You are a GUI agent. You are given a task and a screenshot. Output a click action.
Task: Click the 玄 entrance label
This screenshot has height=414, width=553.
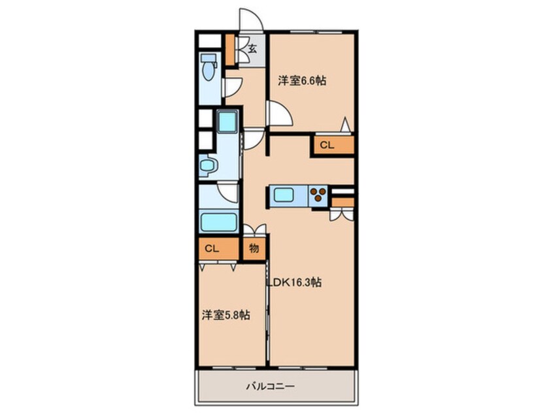tap(252, 48)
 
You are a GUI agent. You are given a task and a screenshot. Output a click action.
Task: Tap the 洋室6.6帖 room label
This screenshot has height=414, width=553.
tap(302, 81)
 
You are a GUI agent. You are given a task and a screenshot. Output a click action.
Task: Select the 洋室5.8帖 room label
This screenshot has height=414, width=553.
tap(226, 315)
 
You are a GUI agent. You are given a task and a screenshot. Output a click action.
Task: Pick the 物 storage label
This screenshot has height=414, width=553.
tap(254, 249)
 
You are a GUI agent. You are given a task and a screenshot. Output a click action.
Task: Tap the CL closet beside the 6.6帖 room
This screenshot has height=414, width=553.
tap(327, 145)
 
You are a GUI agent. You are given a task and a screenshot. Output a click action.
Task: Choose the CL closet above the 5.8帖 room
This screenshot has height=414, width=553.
tap(211, 248)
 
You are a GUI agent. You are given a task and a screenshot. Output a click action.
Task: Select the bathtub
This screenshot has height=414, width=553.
tap(218, 221)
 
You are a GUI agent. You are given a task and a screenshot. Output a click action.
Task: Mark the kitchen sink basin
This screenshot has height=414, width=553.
tap(285, 195)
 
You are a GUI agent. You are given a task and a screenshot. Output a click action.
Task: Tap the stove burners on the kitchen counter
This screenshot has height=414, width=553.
tap(318, 195)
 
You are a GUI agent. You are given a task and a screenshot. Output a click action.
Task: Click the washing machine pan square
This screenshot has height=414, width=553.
tap(227, 122)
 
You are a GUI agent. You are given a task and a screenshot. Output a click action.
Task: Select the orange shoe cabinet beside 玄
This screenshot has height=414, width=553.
tap(229, 49)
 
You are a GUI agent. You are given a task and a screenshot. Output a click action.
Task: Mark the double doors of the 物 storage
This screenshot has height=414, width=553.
tap(254, 230)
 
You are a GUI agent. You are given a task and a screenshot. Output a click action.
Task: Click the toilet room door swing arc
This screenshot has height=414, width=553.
tap(233, 86)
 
